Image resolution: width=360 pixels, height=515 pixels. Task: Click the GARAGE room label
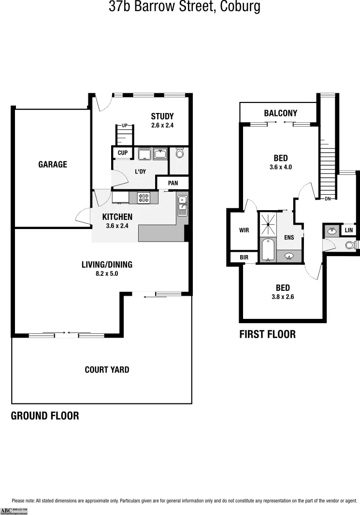(x=53, y=164)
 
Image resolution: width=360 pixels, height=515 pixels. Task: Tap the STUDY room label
(x=162, y=116)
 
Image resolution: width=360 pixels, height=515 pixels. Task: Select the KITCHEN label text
(x=117, y=217)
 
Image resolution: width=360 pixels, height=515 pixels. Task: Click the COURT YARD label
(x=107, y=370)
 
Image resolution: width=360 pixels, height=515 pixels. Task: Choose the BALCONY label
(x=280, y=113)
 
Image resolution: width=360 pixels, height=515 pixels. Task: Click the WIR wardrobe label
(x=244, y=230)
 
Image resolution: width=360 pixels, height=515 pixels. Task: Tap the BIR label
(x=244, y=258)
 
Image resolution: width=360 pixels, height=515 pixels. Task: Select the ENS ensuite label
(x=289, y=238)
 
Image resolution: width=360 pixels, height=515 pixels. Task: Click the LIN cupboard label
(x=349, y=231)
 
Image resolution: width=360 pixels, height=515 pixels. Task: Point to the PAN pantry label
(x=173, y=183)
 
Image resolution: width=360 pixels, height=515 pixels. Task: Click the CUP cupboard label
(x=123, y=153)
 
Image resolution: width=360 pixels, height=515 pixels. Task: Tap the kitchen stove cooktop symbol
(x=144, y=197)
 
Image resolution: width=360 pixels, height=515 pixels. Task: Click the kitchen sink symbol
(x=182, y=205)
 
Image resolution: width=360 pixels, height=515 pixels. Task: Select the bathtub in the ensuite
(x=267, y=249)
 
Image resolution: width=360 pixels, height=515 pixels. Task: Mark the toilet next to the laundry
(x=179, y=154)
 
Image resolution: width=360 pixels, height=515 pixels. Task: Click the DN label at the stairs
(x=328, y=199)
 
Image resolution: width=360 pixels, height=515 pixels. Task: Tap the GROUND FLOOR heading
(x=45, y=415)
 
